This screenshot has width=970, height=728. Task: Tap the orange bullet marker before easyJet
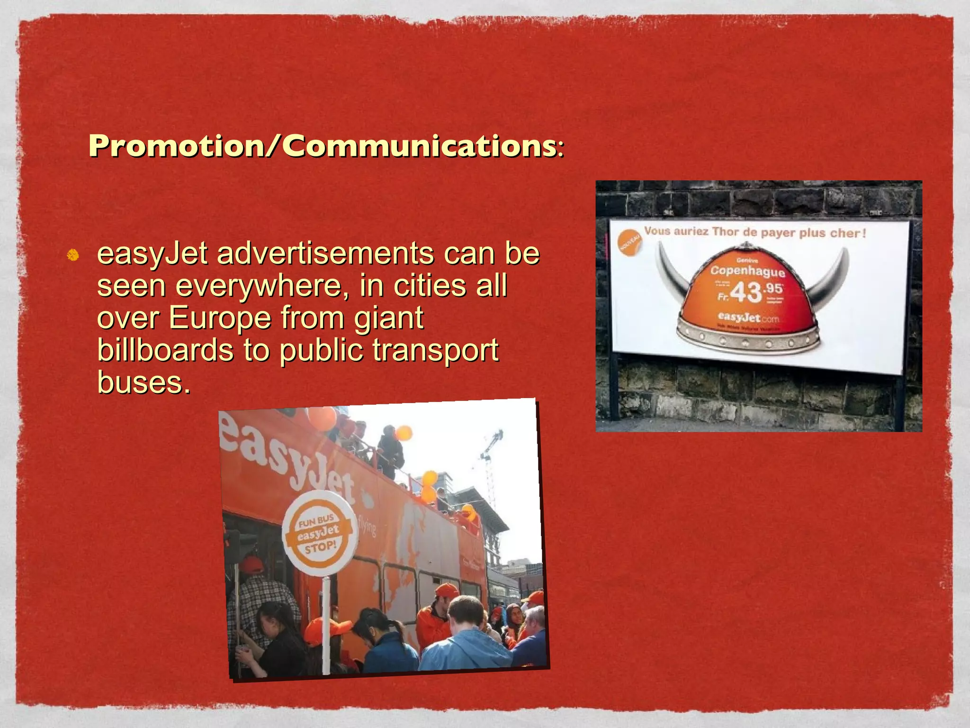(72, 255)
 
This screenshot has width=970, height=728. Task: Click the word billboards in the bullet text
(165, 350)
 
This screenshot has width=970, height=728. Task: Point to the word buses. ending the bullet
(144, 382)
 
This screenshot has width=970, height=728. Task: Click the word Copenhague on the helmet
(747, 271)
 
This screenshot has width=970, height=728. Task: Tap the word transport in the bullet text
(435, 350)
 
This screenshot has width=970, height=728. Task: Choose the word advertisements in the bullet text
(325, 254)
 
